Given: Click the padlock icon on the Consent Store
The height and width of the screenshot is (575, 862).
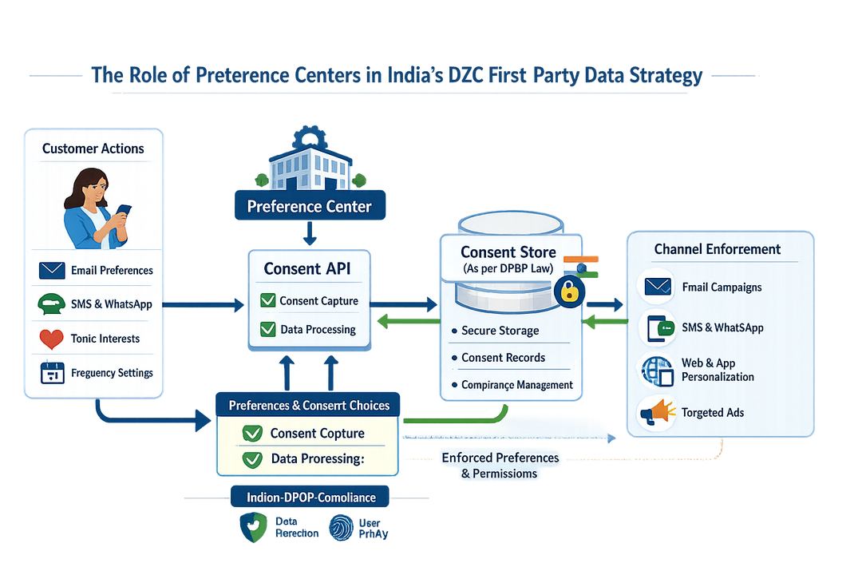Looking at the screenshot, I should pos(568,291).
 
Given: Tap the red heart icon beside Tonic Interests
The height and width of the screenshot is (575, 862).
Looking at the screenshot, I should pos(51,339).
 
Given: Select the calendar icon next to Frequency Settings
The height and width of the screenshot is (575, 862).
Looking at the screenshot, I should pos(52,373).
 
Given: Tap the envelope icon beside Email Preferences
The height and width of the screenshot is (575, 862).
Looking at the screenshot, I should pos(52,271).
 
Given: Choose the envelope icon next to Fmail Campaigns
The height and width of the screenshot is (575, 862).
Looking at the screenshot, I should pos(657,286).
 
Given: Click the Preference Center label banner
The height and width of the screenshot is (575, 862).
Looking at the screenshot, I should pos(310,207).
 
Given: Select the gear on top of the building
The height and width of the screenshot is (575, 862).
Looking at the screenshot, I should pos(310,137).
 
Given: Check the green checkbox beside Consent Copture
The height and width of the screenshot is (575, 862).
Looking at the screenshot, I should pos(252,434).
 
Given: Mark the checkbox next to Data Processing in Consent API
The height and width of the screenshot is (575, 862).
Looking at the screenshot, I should pos(267,329).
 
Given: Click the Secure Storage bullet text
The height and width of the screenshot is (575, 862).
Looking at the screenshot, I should pos(500,331).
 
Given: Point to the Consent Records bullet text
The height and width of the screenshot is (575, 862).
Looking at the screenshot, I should pos(503,358).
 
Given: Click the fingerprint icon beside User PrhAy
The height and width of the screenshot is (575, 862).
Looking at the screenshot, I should pos(341,529).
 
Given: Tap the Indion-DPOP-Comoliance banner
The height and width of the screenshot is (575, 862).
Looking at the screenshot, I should pos(310,497).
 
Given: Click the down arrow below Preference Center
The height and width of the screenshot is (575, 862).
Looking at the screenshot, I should pos(310,233).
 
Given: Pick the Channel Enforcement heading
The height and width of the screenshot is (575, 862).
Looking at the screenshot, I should pos(717,249).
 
